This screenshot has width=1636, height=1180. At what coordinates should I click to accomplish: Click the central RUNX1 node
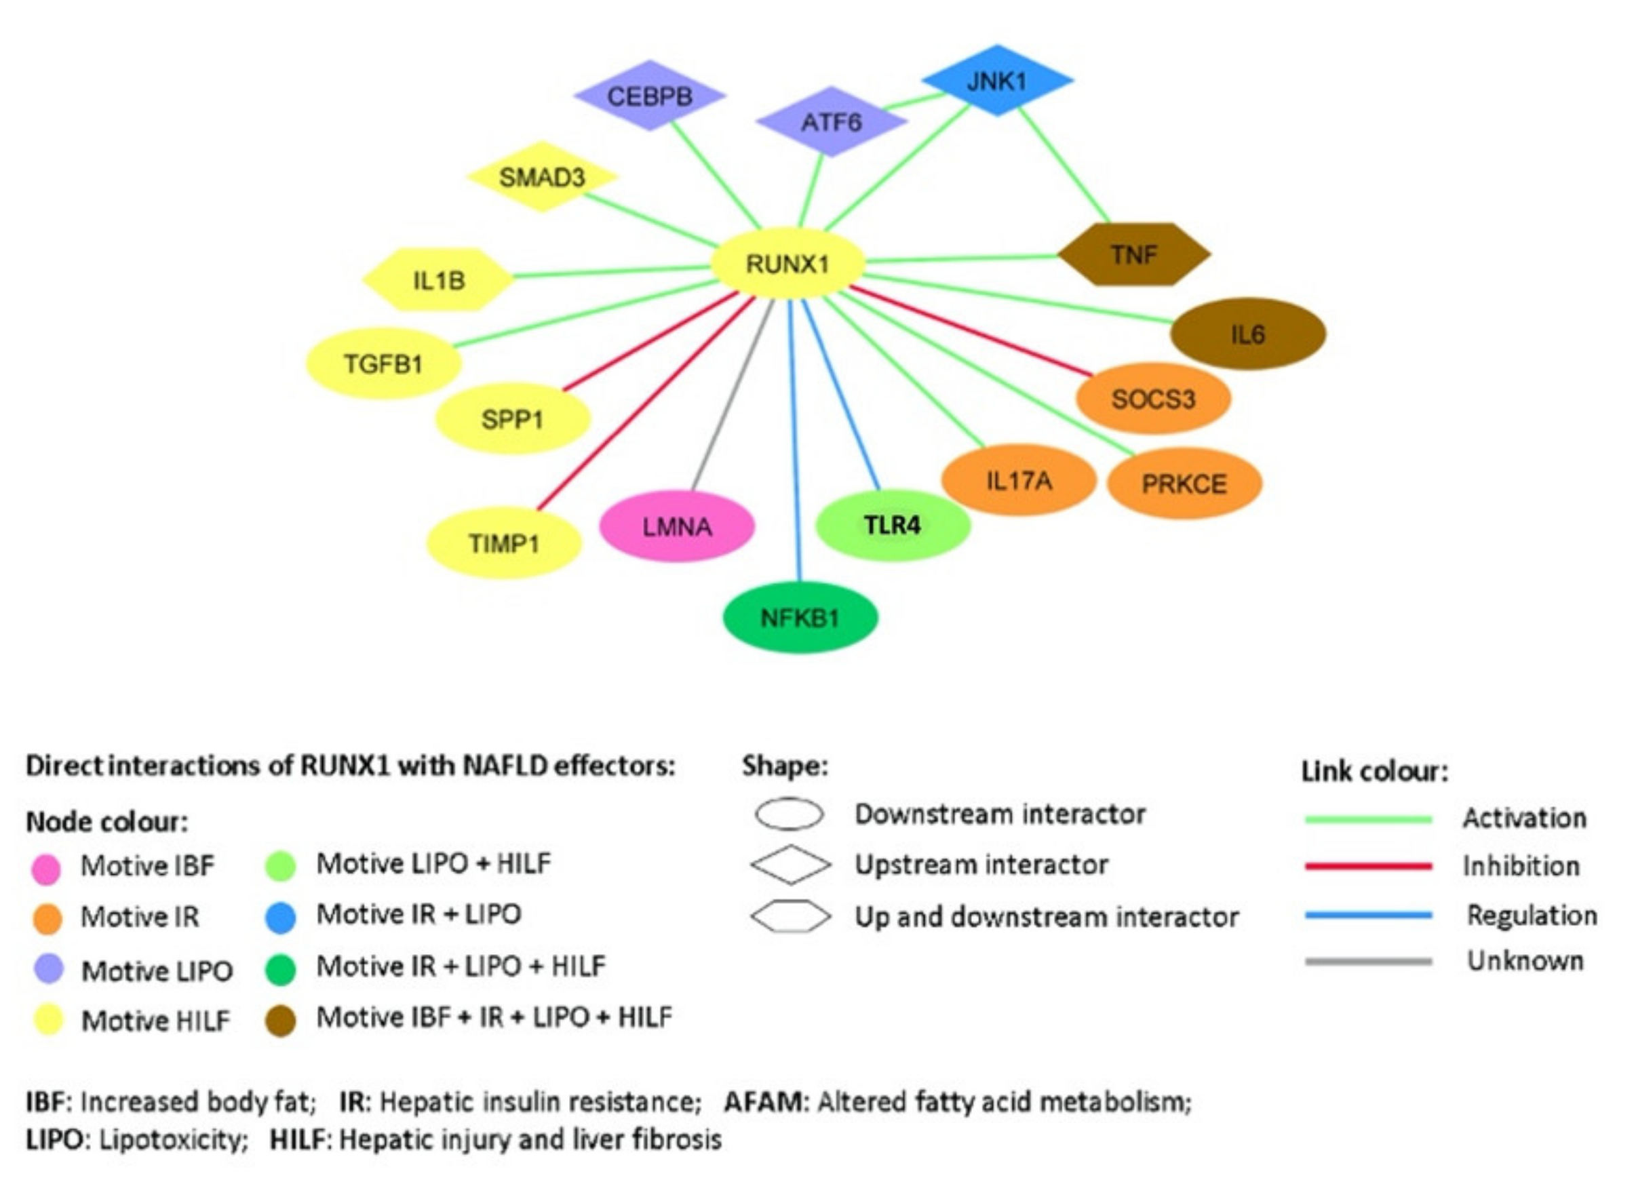[x=787, y=263]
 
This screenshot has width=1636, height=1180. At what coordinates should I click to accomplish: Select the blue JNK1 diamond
[x=997, y=80]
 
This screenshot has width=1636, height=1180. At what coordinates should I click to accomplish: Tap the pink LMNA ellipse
[x=677, y=526]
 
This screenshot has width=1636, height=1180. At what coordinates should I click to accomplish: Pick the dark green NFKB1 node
[x=800, y=617]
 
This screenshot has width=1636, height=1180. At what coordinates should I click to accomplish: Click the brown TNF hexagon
[x=1133, y=254]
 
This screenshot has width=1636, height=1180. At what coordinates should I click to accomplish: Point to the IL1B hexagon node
[x=438, y=280]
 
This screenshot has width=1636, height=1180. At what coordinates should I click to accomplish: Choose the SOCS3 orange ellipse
[x=1152, y=398]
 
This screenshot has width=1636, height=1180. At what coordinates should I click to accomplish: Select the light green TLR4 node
[x=893, y=524]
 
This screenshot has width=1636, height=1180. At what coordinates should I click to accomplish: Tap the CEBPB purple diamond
[x=649, y=96]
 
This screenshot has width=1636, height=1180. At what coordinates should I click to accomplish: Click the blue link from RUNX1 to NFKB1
[x=795, y=440]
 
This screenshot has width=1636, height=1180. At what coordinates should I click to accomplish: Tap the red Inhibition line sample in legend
[x=1367, y=865]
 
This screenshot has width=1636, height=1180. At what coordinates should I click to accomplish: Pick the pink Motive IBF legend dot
[x=46, y=869]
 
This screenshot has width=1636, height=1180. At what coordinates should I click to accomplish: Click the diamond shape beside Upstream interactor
[x=790, y=864]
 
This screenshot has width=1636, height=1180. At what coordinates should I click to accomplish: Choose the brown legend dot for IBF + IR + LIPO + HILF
[x=281, y=1021]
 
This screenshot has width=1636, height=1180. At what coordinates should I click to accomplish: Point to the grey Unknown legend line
[x=1367, y=961]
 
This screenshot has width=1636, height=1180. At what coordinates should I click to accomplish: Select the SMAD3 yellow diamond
[x=542, y=177]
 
